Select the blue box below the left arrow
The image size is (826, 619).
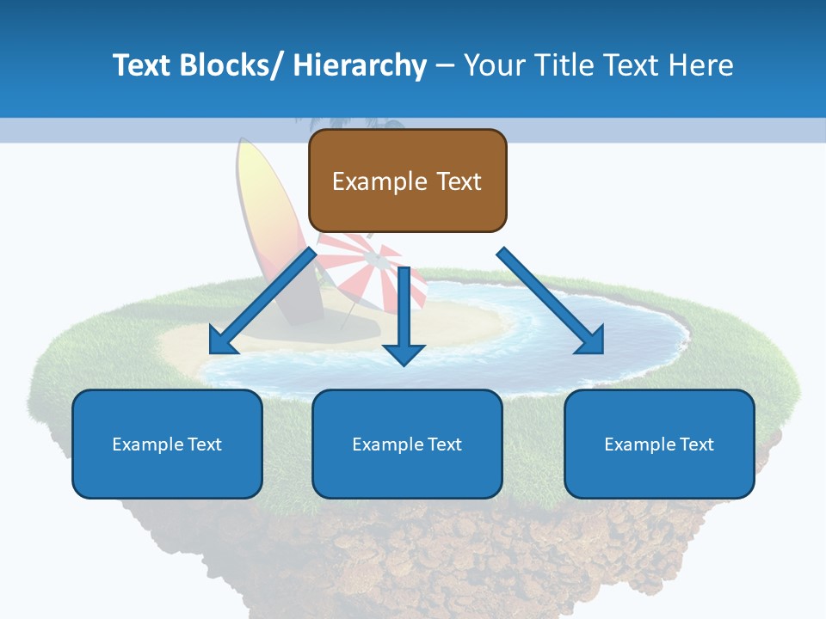pos(167,444)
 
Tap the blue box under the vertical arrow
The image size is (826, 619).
pos(407,444)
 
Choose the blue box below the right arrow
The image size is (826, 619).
pos(659,444)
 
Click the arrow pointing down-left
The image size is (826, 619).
pos(267,297)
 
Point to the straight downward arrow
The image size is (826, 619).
pos(404,309)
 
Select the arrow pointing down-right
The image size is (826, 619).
pos(547,297)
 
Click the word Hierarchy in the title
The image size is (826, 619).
pos(360,65)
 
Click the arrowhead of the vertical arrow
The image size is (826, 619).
pos(404,352)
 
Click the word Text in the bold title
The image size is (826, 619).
pos(143,65)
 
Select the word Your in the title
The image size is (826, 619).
pos(495,65)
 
